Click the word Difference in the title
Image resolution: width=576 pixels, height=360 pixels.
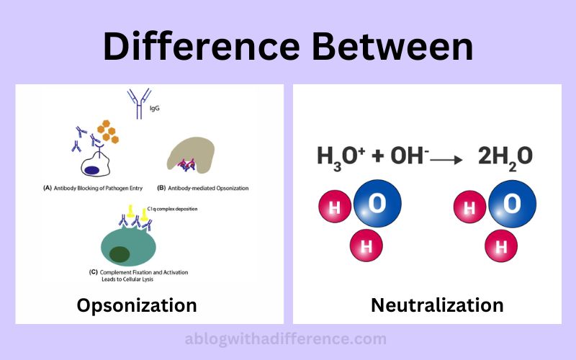tap(202, 47)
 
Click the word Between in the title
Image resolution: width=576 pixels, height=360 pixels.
tap(392, 47)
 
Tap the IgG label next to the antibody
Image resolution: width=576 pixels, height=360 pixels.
tap(155, 109)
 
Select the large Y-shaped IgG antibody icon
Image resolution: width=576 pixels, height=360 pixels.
tap(139, 103)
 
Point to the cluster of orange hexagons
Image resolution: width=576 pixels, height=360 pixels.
tap(108, 131)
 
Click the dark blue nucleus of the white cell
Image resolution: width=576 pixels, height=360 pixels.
tap(91, 170)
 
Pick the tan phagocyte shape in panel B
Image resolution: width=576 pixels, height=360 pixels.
tap(191, 154)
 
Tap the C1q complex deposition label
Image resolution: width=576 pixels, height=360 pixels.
tap(172, 209)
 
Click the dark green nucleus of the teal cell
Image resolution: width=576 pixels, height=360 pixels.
tap(120, 254)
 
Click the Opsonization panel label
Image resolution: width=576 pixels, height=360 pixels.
tap(137, 305)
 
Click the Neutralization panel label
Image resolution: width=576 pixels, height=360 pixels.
tap(437, 305)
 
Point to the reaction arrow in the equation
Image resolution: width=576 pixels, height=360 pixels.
tap(446, 160)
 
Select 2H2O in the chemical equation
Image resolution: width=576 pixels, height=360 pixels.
tap(505, 157)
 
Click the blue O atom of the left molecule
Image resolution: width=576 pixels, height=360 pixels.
tap(377, 203)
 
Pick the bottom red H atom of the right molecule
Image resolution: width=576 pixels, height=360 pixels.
tap(501, 246)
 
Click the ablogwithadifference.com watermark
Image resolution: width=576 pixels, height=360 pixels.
tap(285, 338)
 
